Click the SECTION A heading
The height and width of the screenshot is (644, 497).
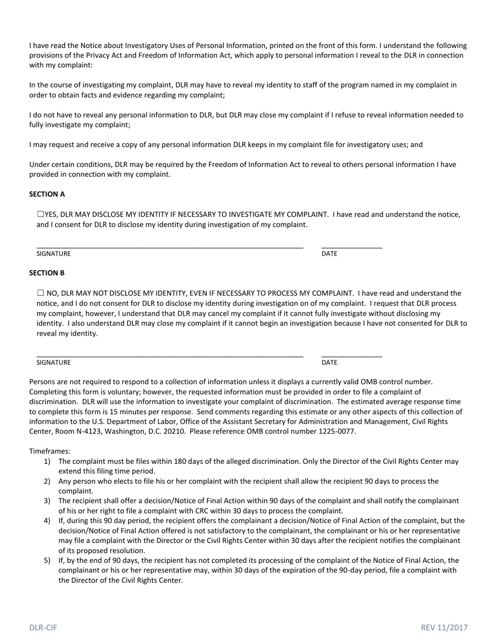[47, 194]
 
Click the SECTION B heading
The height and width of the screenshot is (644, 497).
[47, 273]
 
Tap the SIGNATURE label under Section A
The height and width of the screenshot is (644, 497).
[53, 254]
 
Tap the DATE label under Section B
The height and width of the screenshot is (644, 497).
[330, 363]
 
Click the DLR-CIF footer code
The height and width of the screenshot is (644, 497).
[43, 627]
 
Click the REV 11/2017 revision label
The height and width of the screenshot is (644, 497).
[444, 627]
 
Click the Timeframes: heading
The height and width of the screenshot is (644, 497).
[50, 451]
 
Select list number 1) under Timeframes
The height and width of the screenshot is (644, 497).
[47, 461]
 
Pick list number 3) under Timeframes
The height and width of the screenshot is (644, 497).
[47, 501]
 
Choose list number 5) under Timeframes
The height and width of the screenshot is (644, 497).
[47, 561]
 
